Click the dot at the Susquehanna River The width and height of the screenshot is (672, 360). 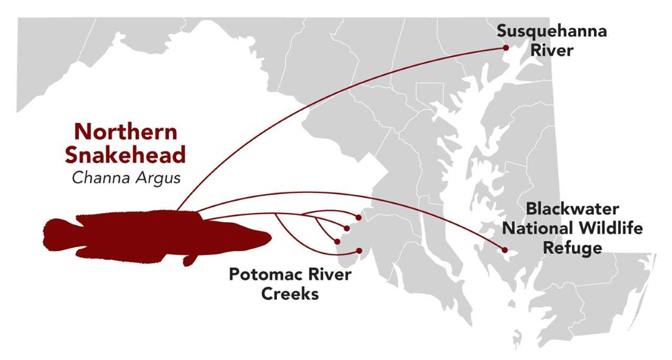(x=506, y=48)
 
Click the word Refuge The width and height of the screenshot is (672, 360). (x=573, y=248)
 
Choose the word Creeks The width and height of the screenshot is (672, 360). (x=290, y=294)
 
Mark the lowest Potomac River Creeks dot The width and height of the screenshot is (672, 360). (x=360, y=251)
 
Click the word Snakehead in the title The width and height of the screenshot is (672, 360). (x=126, y=155)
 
